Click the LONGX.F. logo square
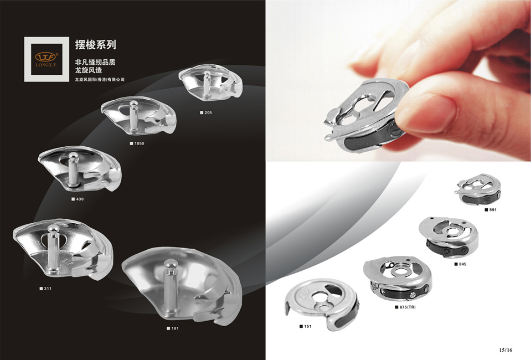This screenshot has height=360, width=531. (x=47, y=59)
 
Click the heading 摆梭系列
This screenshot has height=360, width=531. (x=95, y=45)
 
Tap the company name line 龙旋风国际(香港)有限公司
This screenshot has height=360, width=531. (x=100, y=80)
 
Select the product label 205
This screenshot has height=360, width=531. (x=206, y=112)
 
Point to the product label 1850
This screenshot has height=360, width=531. (x=137, y=143)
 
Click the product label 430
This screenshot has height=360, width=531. (x=78, y=199)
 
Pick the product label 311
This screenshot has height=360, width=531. (x=46, y=289)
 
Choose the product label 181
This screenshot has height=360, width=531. (x=173, y=328)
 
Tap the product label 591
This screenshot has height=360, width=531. (x=491, y=210)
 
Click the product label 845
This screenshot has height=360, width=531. (x=461, y=264)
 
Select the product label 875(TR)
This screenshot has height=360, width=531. (x=405, y=307)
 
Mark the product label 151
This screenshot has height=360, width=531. (x=306, y=326)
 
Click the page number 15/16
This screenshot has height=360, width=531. (x=506, y=350)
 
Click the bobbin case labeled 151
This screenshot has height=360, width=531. (x=321, y=304)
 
